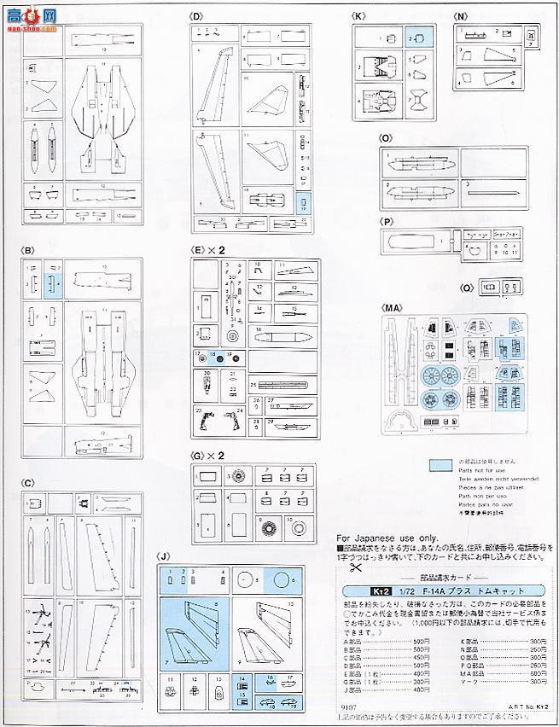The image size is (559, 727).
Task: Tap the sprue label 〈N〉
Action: click(x=461, y=16)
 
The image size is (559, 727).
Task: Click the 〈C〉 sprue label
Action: click(x=28, y=483)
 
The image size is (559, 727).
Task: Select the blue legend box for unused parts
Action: click(x=440, y=465)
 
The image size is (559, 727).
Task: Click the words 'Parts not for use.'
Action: click(x=480, y=476)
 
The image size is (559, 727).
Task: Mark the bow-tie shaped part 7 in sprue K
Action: click(x=417, y=100)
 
